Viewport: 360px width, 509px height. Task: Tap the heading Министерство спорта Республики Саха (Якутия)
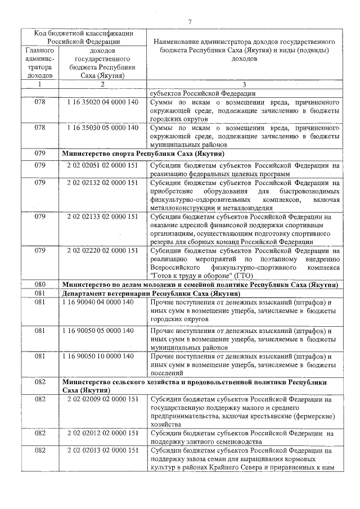coord(143,153)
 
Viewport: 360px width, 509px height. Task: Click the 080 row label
coord(39,285)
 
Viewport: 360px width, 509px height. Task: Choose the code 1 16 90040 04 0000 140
coord(98,302)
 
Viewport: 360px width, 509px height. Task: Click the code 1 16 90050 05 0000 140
coord(98,330)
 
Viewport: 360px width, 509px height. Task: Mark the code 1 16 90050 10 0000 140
coord(98,356)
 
